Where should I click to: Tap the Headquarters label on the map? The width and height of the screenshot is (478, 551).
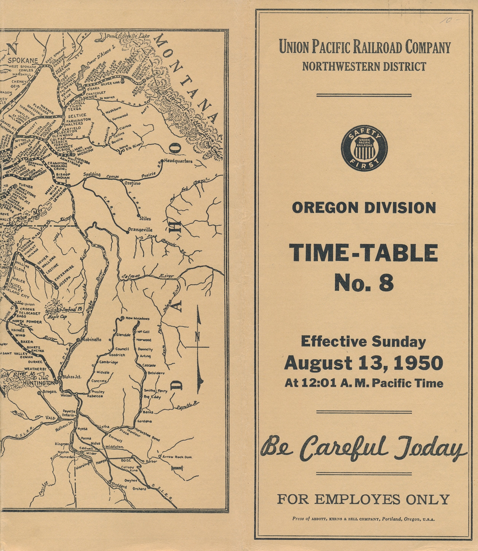178,161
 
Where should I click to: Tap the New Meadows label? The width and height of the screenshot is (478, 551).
137,318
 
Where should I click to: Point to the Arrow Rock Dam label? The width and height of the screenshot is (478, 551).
177,457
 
